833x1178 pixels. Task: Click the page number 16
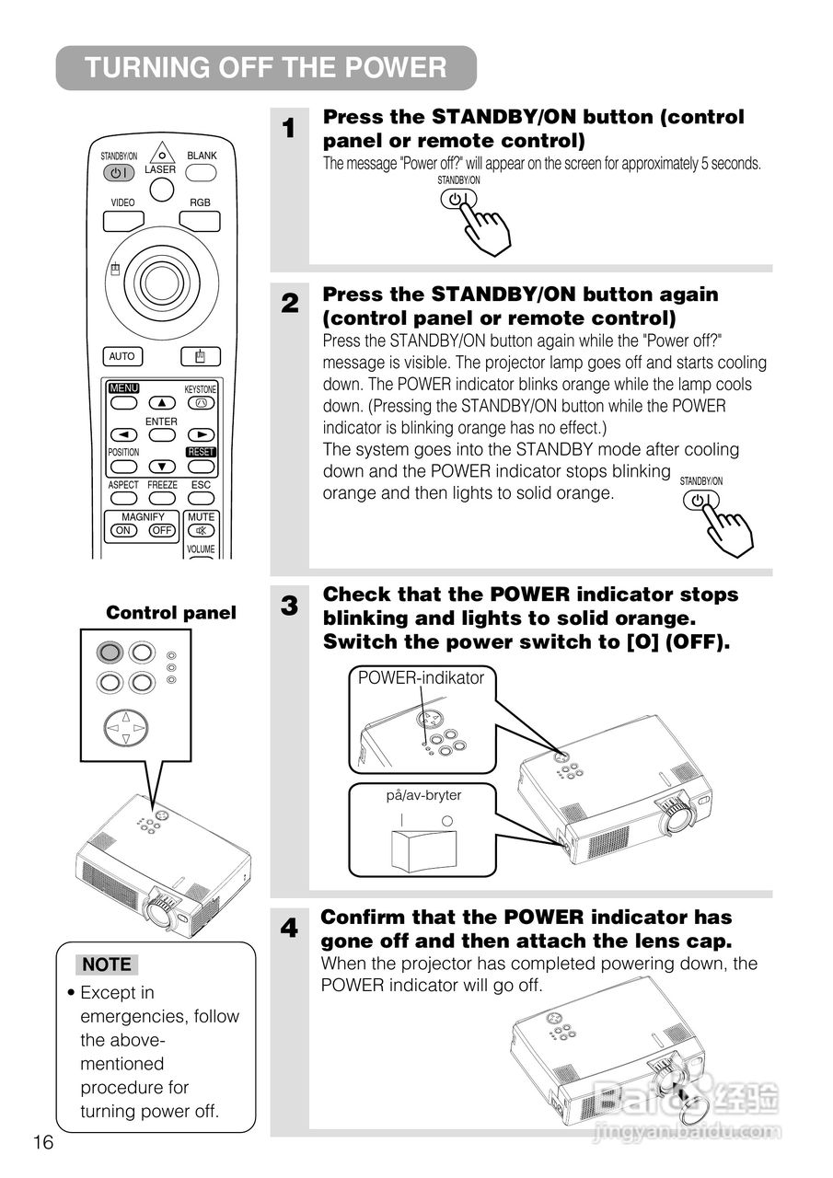pyautogui.click(x=43, y=1142)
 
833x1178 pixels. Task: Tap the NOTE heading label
pyautogui.click(x=107, y=964)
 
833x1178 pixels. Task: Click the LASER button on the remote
pyautogui.click(x=161, y=189)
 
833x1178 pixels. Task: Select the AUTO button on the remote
pyautogui.click(x=122, y=356)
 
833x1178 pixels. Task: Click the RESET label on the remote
pyautogui.click(x=201, y=452)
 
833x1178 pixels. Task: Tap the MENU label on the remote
pyautogui.click(x=123, y=388)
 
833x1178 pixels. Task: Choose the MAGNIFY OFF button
pyautogui.click(x=162, y=531)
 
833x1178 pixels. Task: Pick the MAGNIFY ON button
pyautogui.click(x=122, y=531)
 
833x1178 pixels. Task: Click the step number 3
pyautogui.click(x=289, y=606)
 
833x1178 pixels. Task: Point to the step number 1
pyautogui.click(x=289, y=129)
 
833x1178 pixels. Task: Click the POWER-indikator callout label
pyautogui.click(x=421, y=678)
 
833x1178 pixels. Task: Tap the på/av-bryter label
pyautogui.click(x=423, y=795)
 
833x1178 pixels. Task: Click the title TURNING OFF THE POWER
pyautogui.click(x=266, y=68)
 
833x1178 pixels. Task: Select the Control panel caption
pyautogui.click(x=171, y=613)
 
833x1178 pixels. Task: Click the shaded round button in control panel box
pyautogui.click(x=110, y=653)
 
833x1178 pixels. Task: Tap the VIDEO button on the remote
pyautogui.click(x=122, y=221)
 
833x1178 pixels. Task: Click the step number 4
pyautogui.click(x=289, y=930)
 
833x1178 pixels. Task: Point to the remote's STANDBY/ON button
pyautogui.click(x=119, y=172)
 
